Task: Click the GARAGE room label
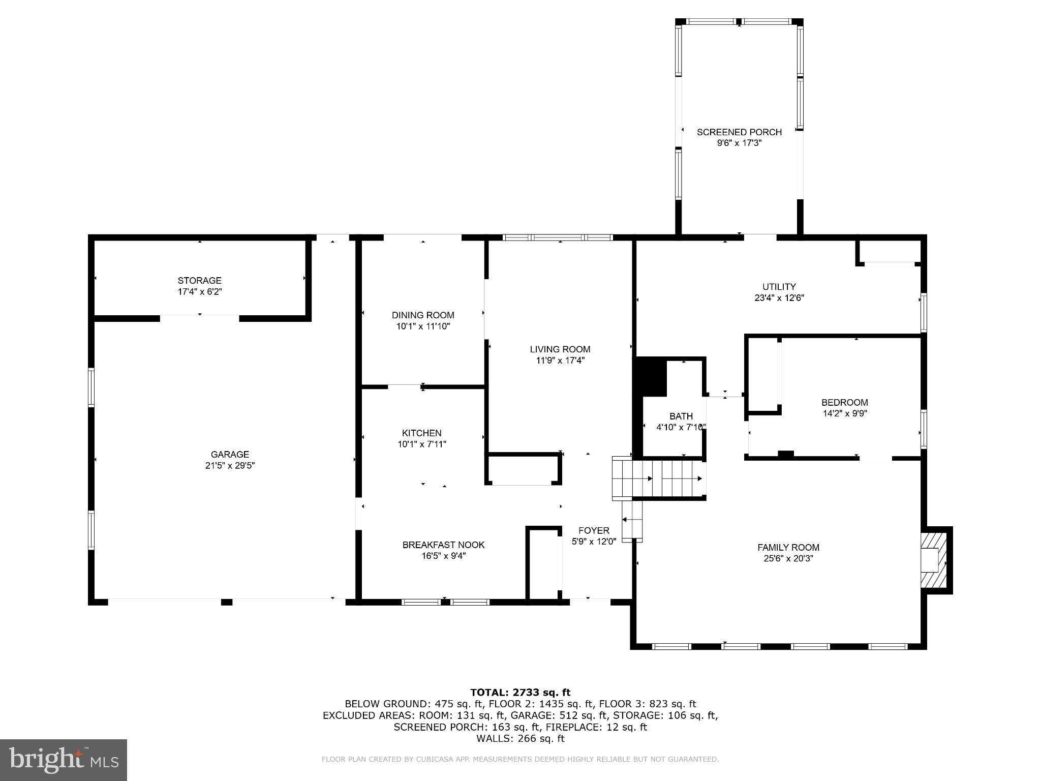tap(230, 454)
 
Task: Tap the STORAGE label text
tap(199, 280)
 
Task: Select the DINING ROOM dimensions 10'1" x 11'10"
tap(423, 326)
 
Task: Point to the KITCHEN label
tap(421, 433)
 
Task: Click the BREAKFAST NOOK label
tap(443, 545)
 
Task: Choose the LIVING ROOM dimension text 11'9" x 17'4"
tap(560, 361)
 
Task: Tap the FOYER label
tap(593, 530)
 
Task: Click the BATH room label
tap(681, 416)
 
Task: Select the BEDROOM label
tap(844, 402)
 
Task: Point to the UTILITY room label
tap(779, 286)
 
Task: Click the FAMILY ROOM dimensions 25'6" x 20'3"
tap(788, 558)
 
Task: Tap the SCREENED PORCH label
tap(739, 132)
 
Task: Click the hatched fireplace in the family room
tap(934, 559)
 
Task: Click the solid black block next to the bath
tap(650, 377)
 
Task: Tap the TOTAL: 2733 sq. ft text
tap(520, 692)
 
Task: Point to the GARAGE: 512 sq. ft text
tap(548, 715)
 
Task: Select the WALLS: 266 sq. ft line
tap(520, 738)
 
